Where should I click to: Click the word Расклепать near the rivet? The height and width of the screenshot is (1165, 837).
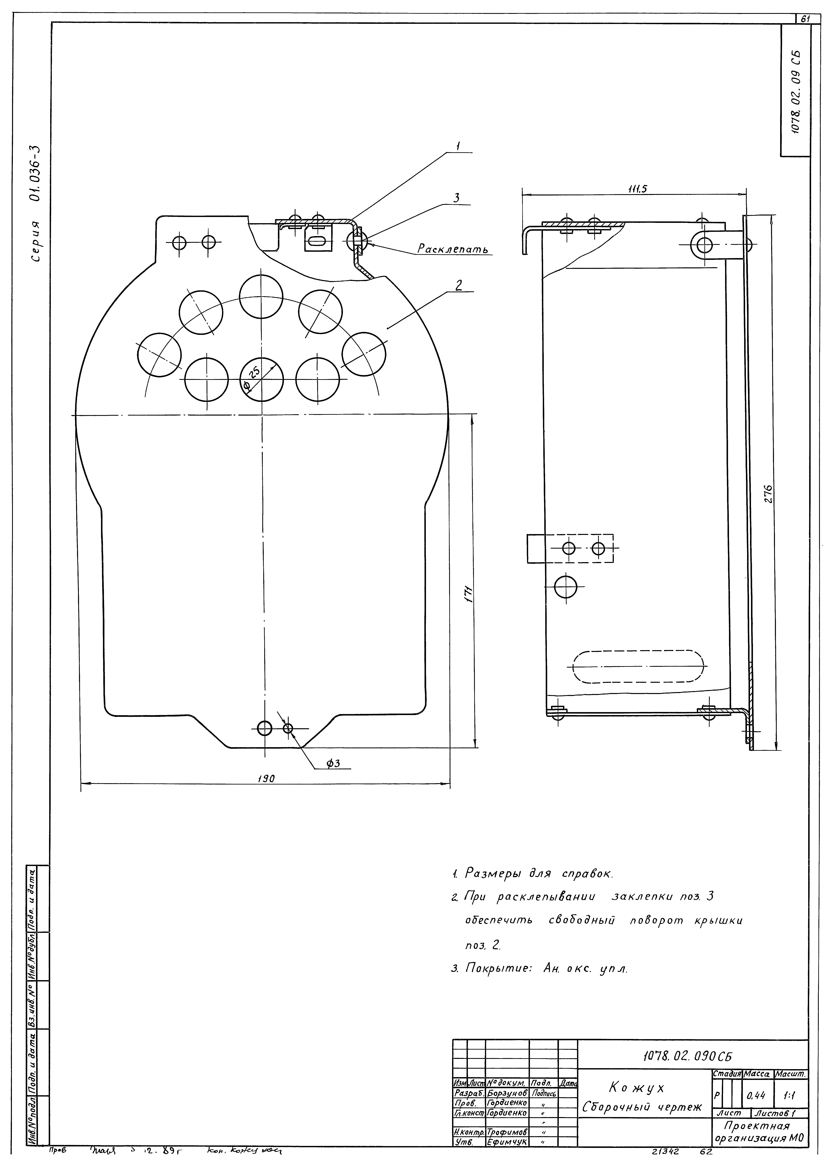tap(452, 249)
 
